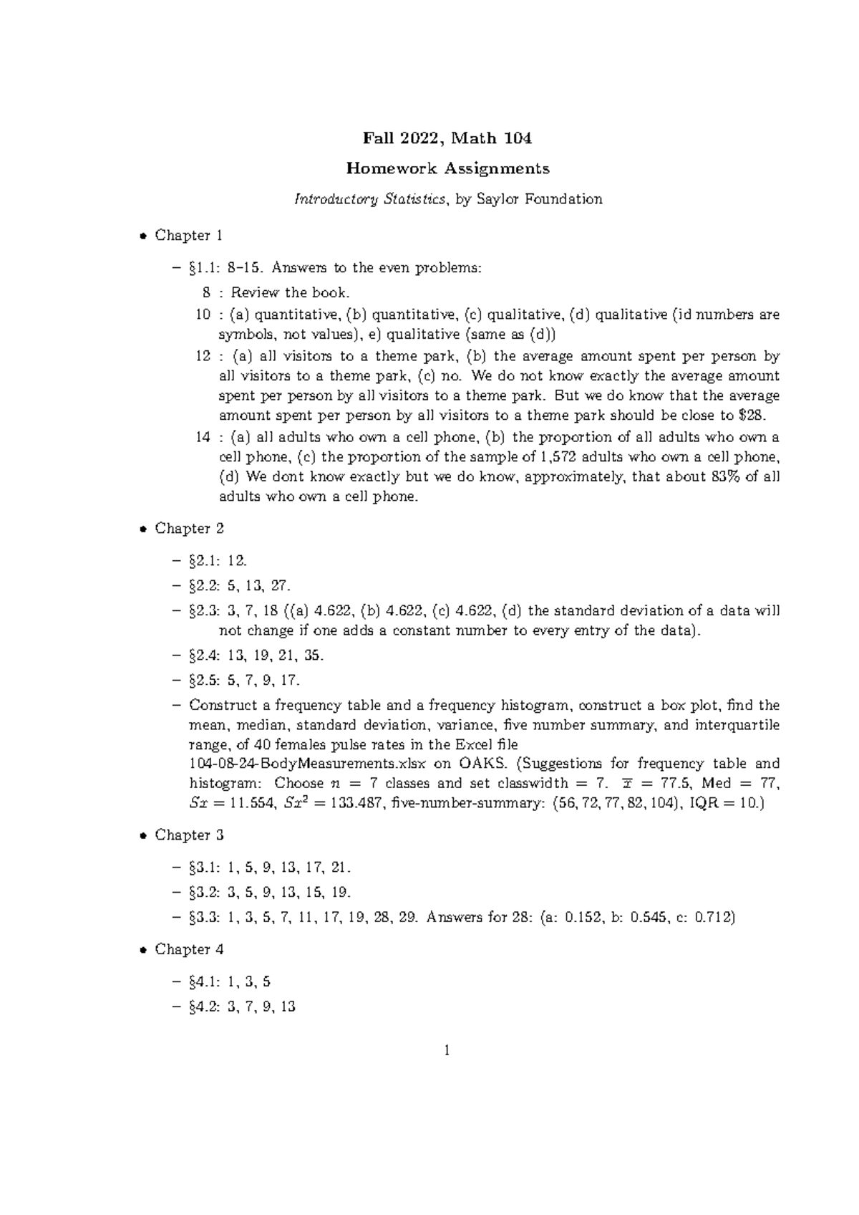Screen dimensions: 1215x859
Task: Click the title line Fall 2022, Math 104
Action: point(447,138)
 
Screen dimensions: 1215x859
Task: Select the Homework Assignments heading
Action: point(447,168)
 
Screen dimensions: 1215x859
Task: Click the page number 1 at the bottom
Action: point(447,1051)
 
